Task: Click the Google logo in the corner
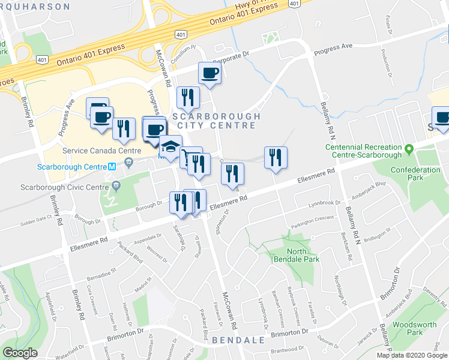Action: pyautogui.click(x=20, y=352)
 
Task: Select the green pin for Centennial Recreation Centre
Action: pyautogui.click(x=409, y=148)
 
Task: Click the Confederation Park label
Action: pyautogui.click(x=415, y=174)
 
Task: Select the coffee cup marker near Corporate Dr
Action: pyautogui.click(x=209, y=74)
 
